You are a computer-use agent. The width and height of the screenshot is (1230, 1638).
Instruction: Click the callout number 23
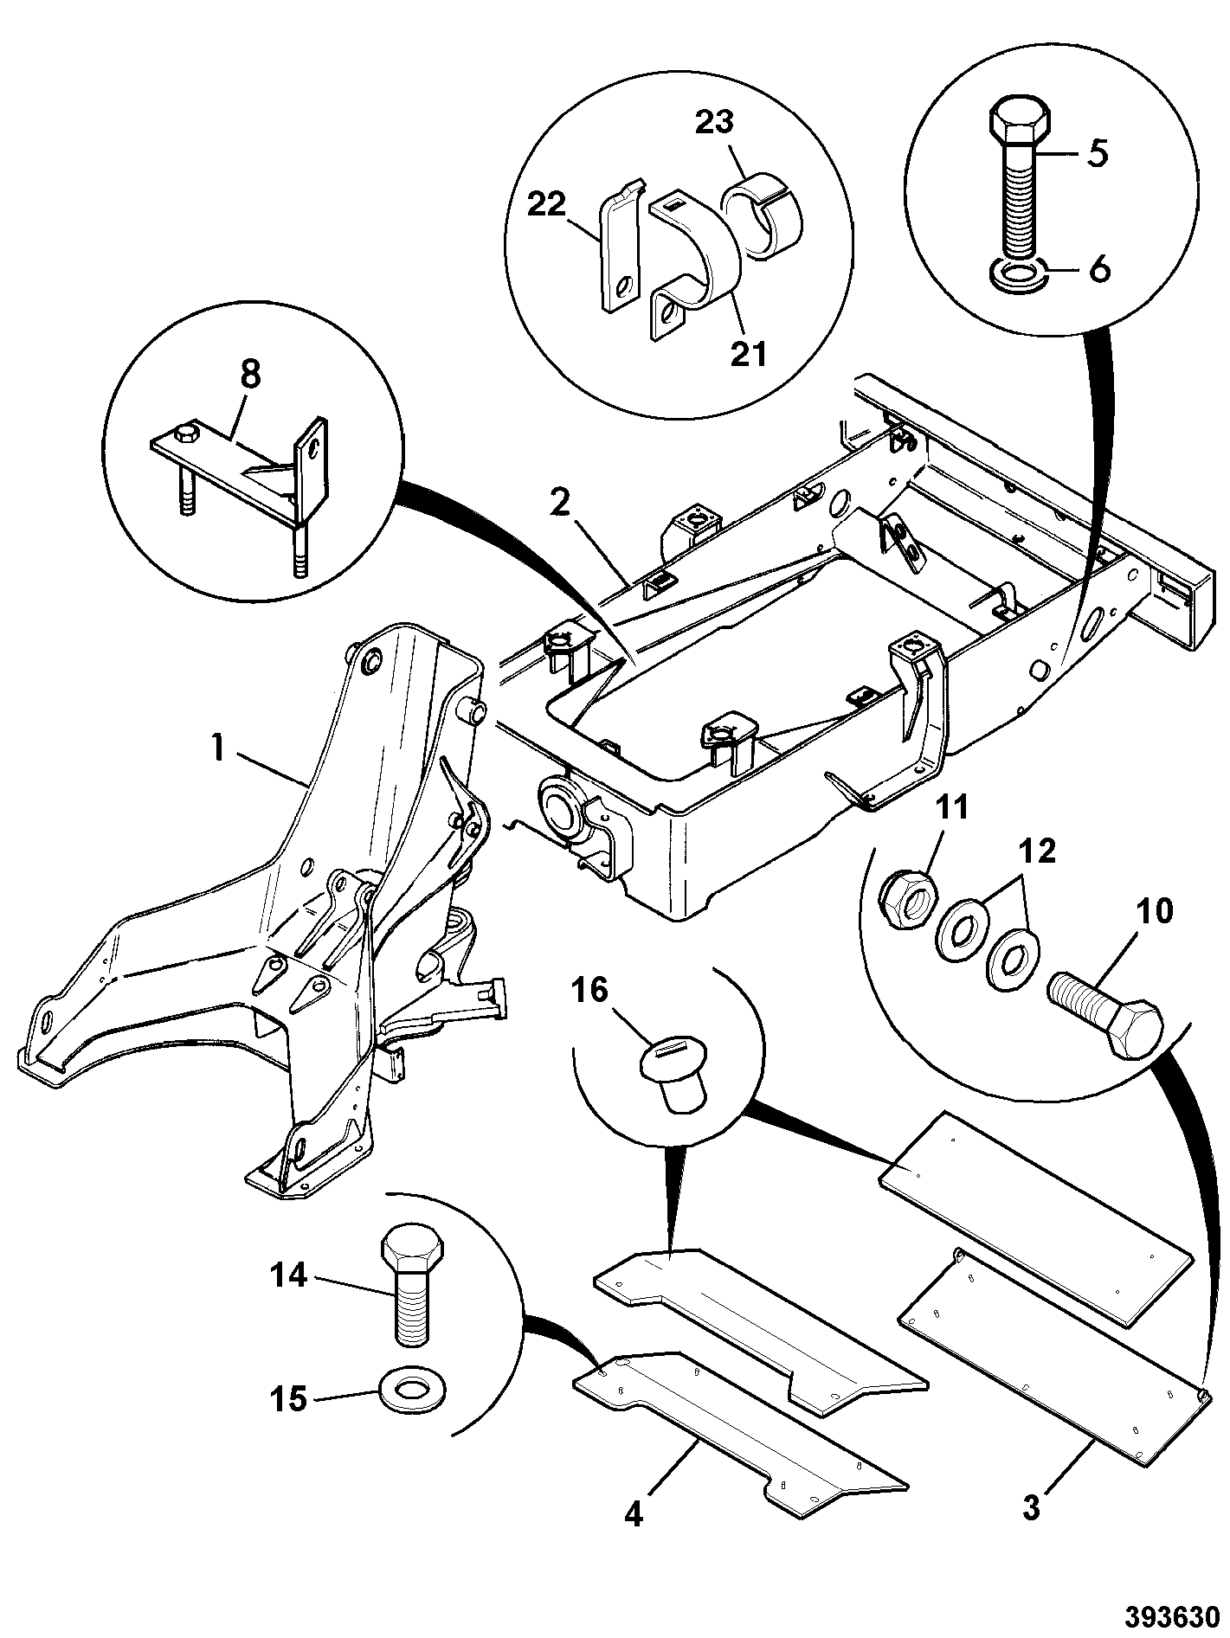[x=716, y=122]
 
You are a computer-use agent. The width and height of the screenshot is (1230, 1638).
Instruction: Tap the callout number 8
[x=250, y=377]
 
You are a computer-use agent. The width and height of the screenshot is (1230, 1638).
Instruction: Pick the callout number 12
[x=1037, y=851]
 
